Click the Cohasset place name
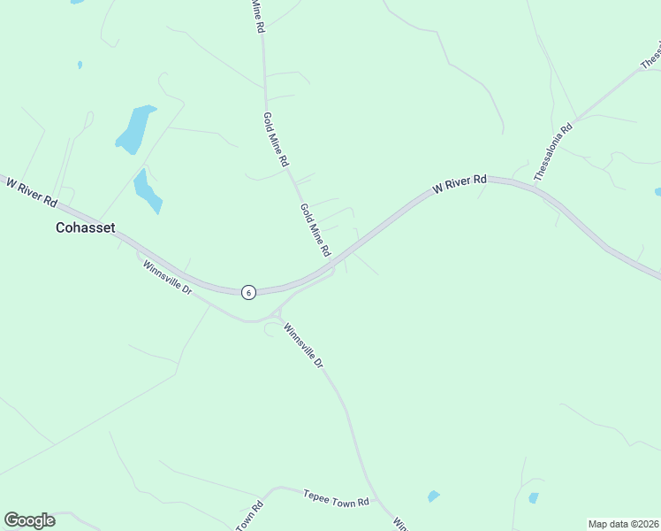[x=86, y=227]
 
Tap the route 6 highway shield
[x=249, y=292]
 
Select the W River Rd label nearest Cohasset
[x=32, y=188]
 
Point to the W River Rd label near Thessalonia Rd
[x=460, y=184]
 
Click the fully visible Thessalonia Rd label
[x=554, y=152]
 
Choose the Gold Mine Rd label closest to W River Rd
[x=315, y=228]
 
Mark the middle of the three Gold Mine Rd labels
[x=276, y=140]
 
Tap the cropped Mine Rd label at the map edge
[x=257, y=16]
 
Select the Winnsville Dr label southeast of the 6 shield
[x=304, y=346]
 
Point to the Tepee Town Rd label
[x=335, y=501]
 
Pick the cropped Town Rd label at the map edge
[x=250, y=517]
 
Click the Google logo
[x=29, y=520]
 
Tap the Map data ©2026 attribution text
[x=622, y=524]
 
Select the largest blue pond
[x=134, y=129]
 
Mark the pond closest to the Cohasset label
[x=147, y=190]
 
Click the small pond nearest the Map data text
[x=533, y=498]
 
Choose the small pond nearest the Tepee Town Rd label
[x=433, y=496]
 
